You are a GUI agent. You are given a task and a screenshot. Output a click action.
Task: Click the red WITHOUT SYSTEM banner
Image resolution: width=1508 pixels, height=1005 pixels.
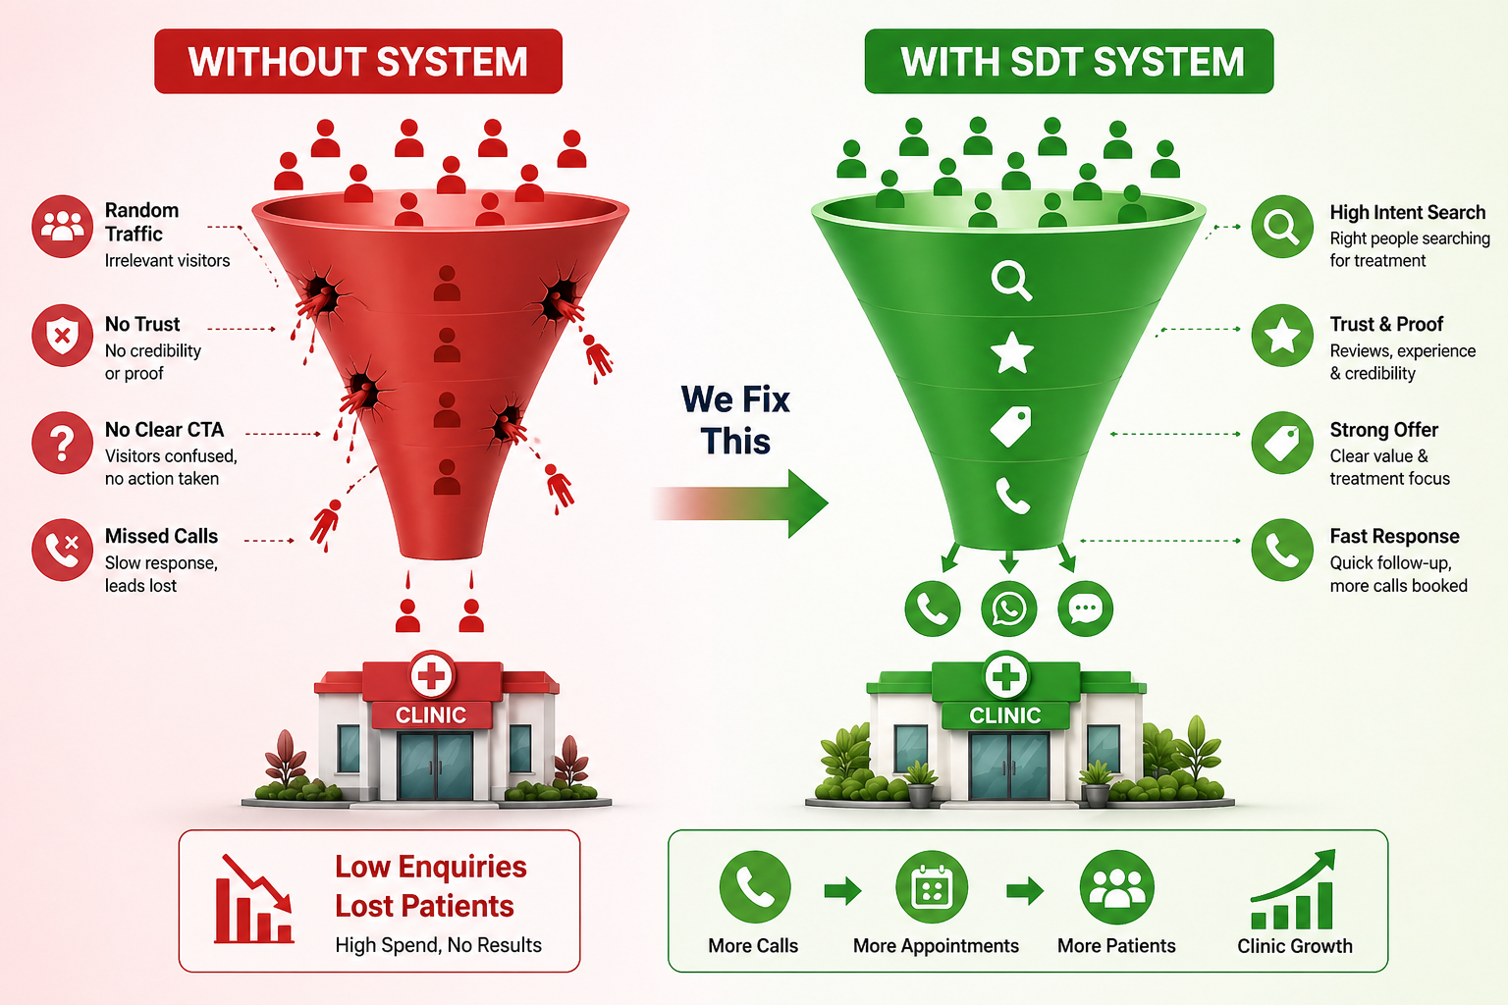click(358, 62)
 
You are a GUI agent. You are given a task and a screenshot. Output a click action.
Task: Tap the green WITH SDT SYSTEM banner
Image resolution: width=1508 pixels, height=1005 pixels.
click(1069, 62)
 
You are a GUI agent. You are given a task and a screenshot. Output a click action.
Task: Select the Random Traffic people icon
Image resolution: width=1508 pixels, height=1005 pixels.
click(62, 227)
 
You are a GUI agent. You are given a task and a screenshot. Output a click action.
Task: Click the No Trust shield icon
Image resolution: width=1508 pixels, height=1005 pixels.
click(62, 336)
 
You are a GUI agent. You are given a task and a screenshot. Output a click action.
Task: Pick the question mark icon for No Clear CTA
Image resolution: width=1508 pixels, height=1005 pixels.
click(62, 443)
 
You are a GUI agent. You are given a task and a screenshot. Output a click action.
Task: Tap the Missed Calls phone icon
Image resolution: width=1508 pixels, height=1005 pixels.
click(62, 550)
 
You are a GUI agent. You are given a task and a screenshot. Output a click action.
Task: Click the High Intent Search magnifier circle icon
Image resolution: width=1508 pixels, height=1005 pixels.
click(1282, 227)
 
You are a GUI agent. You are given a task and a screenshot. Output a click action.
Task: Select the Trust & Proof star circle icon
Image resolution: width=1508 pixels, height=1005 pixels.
click(1282, 336)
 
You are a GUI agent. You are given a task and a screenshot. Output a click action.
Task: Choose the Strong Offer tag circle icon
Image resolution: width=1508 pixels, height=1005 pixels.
click(1282, 443)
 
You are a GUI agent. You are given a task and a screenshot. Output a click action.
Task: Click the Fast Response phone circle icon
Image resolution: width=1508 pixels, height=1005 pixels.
click(1282, 550)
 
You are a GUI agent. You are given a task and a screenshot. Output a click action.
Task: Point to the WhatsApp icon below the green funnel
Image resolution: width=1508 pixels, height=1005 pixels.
click(1009, 608)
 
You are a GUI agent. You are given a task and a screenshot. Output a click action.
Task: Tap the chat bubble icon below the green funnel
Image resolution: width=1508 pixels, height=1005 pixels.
click(1086, 608)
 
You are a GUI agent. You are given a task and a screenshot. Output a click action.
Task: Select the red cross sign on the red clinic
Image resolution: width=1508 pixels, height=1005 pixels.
click(432, 676)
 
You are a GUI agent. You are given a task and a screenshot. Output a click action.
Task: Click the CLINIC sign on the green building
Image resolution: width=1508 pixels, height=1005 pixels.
click(1005, 715)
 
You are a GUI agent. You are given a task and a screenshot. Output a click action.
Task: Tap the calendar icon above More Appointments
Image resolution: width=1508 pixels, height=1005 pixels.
click(932, 888)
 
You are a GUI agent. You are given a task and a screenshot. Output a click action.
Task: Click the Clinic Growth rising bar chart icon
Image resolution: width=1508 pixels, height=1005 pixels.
click(1294, 891)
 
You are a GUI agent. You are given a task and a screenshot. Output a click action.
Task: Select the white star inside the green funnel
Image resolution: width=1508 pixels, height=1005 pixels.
click(1012, 352)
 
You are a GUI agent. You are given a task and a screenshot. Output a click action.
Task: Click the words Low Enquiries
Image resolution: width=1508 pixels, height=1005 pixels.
click(431, 867)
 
